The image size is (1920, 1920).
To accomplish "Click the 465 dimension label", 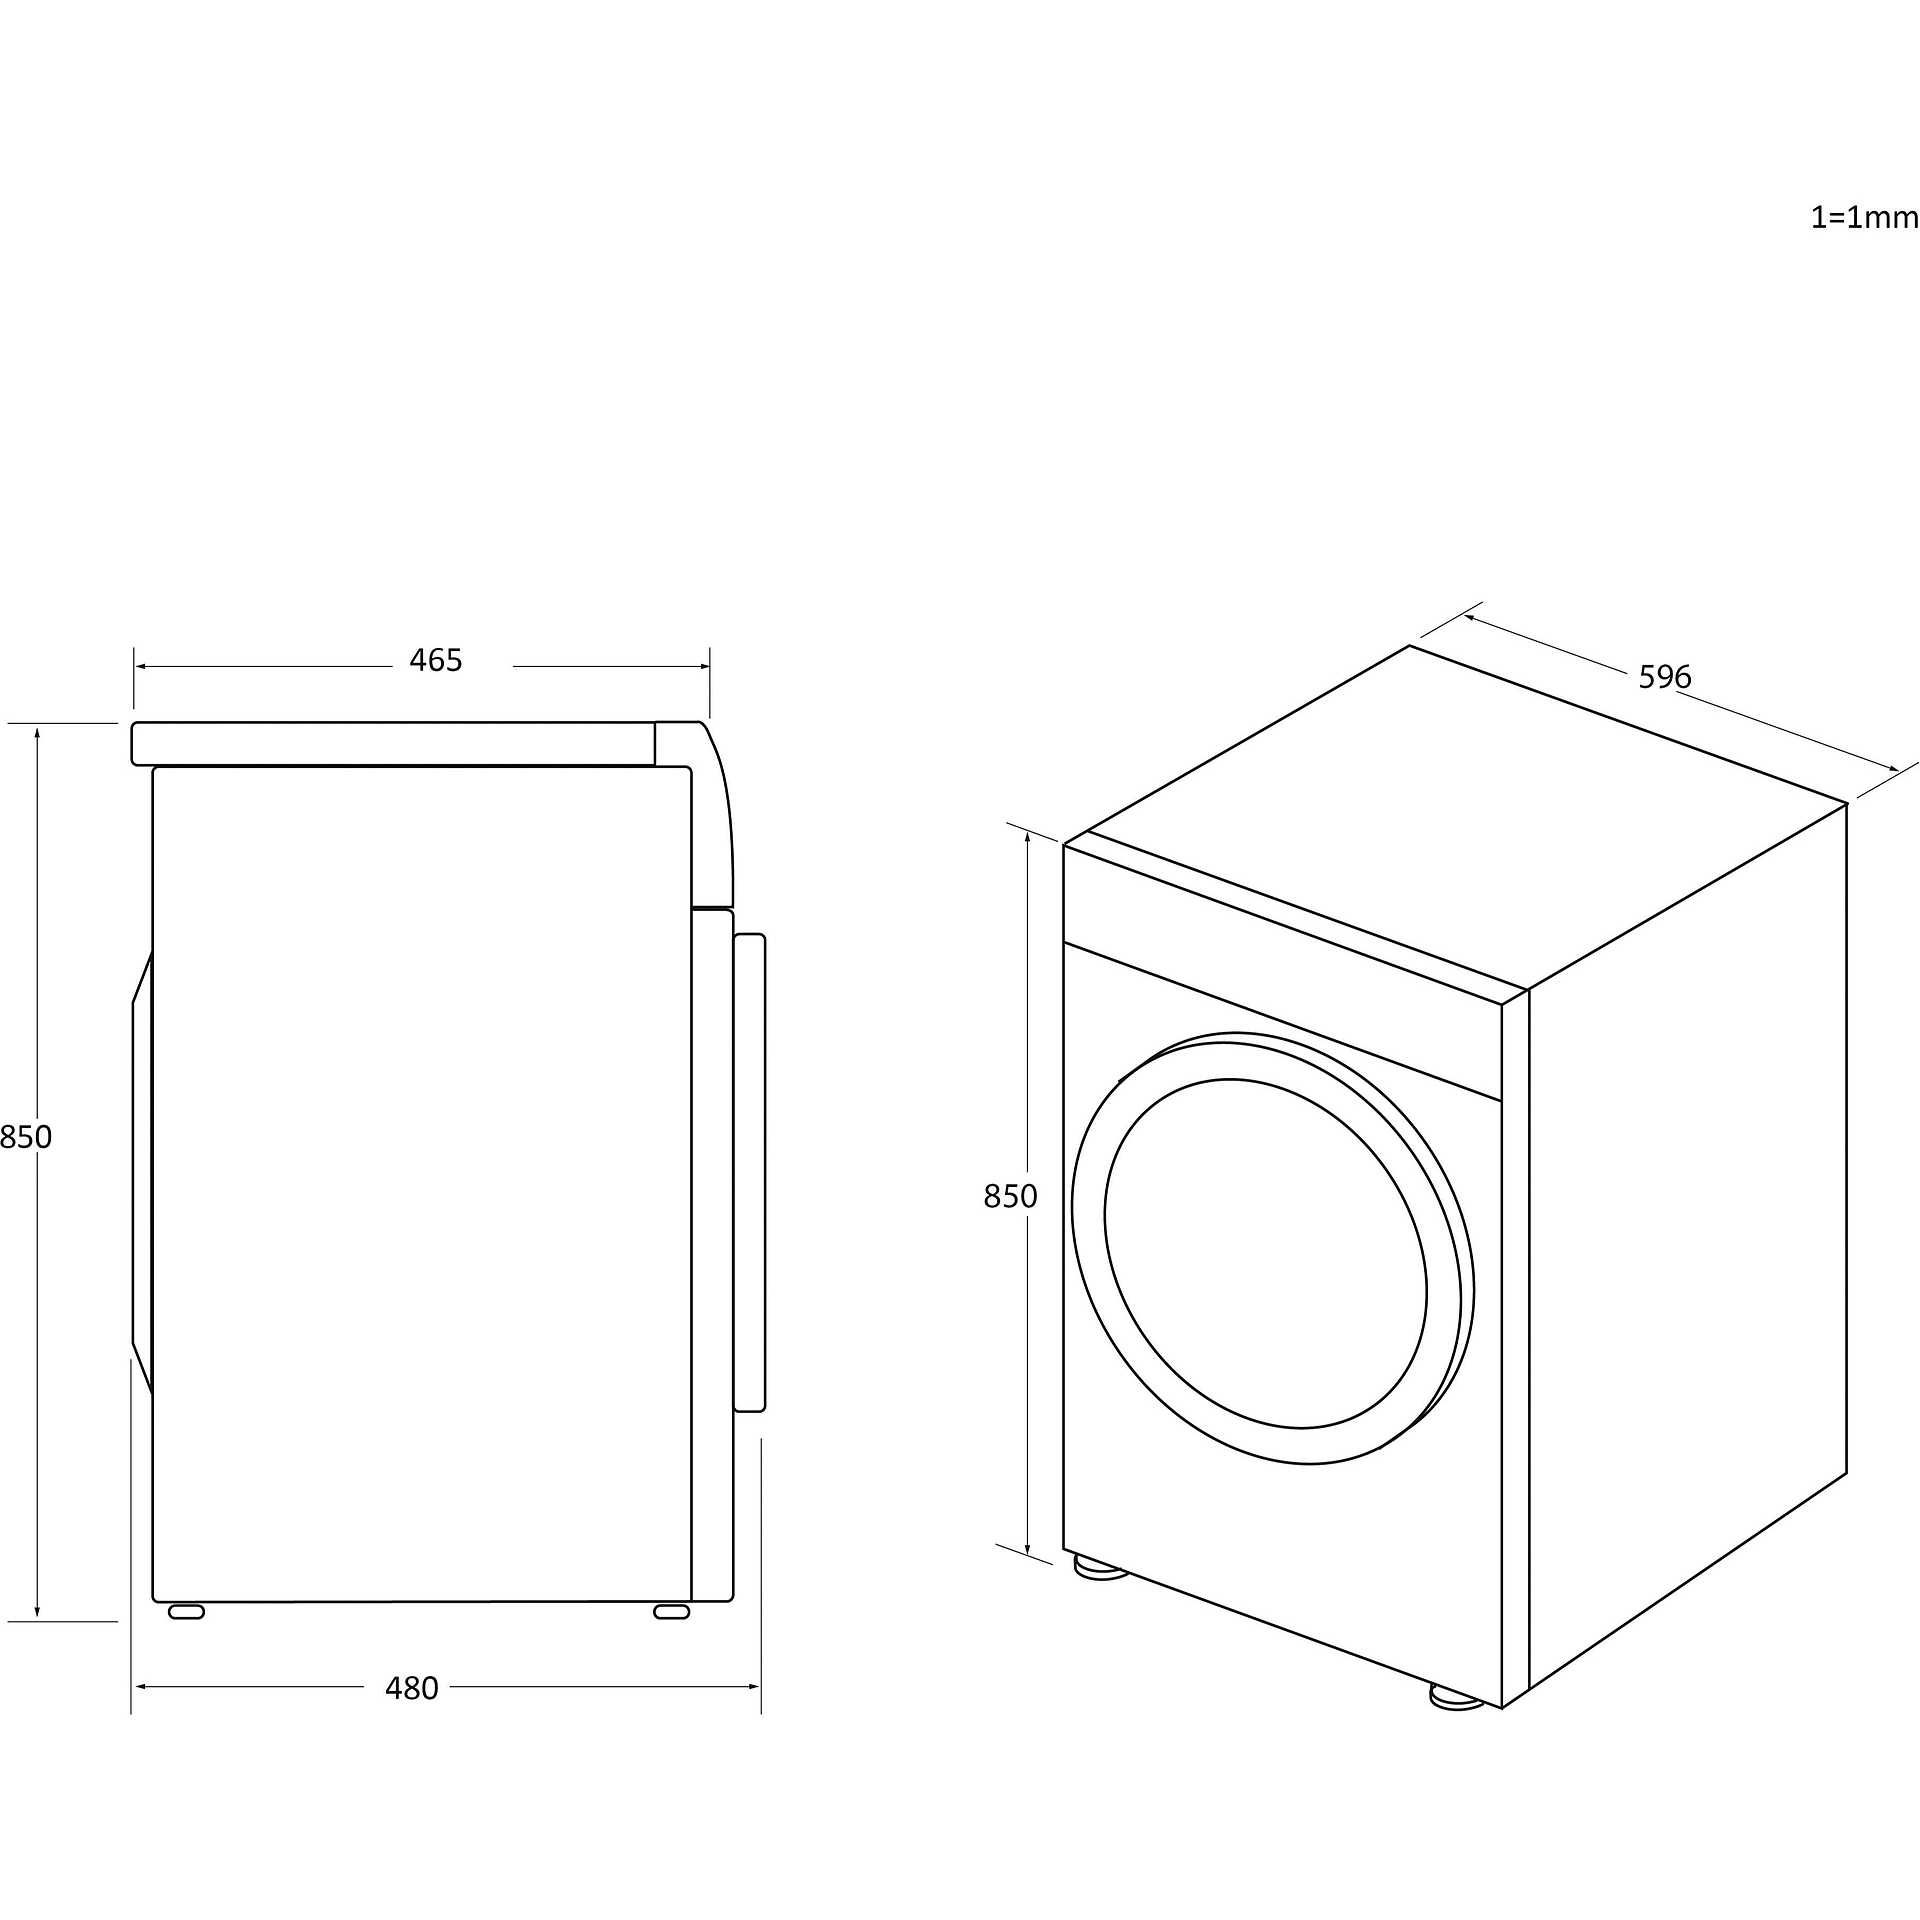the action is coord(436,661).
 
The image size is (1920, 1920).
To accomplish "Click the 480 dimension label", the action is coord(412,1688).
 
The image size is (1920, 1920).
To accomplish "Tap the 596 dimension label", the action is coord(1665,678).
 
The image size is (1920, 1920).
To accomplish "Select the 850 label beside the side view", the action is coord(26,1137).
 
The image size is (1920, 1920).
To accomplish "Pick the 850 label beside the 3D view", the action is coord(1010,1196).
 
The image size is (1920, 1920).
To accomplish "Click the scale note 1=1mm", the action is coord(1865,217).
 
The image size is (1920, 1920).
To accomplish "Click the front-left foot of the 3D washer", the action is coord(1101,1568).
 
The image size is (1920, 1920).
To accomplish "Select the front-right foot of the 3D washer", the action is coord(1457,1696).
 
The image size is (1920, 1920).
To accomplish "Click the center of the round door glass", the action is coord(1266,1254).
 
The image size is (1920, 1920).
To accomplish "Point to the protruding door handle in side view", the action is coord(750,1173).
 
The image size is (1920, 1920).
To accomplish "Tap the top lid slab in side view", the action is coord(393,744).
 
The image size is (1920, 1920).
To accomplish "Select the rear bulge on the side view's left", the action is coord(142,1172).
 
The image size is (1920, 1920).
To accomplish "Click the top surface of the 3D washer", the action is coord(1456,822).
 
